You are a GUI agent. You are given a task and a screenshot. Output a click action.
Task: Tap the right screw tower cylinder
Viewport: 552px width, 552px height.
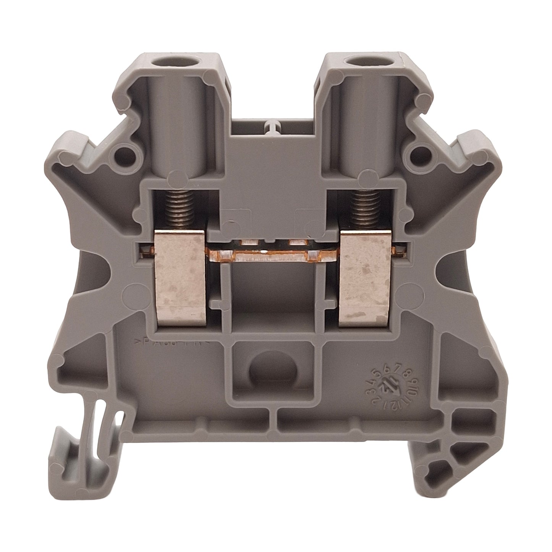point(361,126)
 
